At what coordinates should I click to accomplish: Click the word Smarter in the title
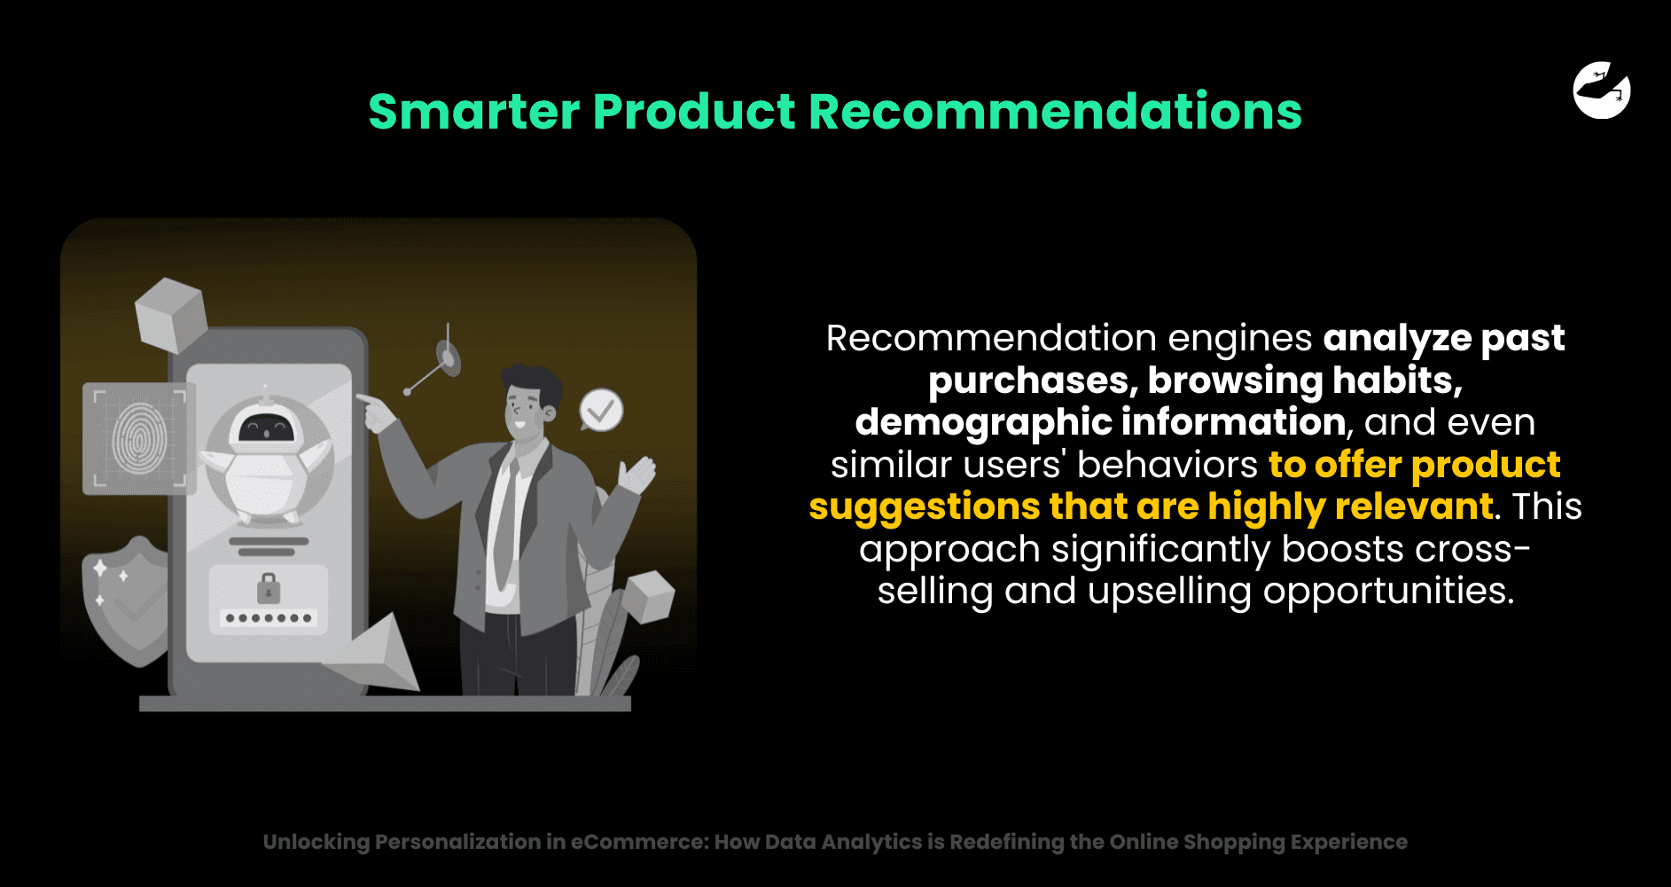(x=474, y=112)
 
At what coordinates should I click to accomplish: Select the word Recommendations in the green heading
(x=1055, y=112)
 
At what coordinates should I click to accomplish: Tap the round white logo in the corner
(x=1602, y=90)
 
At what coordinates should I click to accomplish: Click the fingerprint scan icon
(x=140, y=438)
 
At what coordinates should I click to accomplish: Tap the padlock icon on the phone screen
(x=268, y=588)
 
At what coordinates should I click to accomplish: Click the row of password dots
(x=269, y=618)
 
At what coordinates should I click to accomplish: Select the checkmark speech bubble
(x=601, y=410)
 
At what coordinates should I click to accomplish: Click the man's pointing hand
(x=376, y=411)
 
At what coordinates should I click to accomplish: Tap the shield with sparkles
(x=127, y=600)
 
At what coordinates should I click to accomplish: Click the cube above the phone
(x=171, y=315)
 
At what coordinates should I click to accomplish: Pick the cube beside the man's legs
(x=648, y=596)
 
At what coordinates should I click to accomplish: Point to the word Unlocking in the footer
(x=316, y=843)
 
